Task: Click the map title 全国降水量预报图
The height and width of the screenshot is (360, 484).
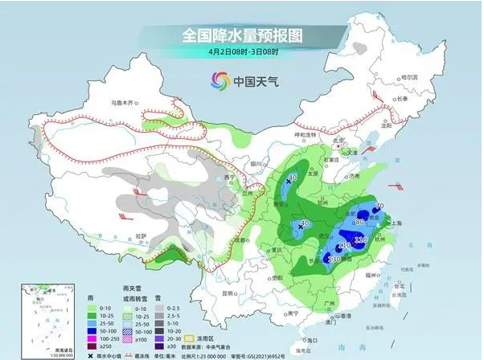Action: click(x=242, y=35)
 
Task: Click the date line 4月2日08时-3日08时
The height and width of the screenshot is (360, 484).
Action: click(x=241, y=53)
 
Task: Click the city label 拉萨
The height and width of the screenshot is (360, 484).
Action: click(x=142, y=235)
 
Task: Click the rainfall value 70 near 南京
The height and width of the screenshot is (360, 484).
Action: click(x=379, y=207)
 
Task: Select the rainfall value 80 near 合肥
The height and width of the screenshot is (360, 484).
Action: click(x=361, y=221)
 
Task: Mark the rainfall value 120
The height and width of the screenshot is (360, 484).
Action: click(x=361, y=240)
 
